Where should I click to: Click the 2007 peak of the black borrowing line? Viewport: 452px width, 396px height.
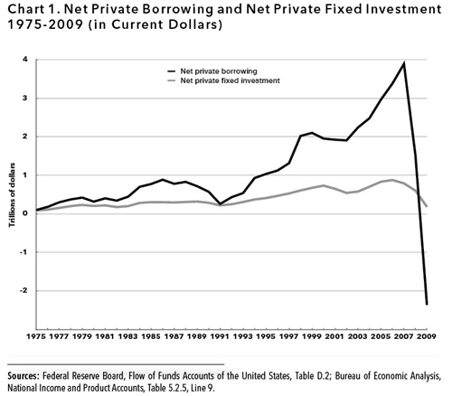(403, 63)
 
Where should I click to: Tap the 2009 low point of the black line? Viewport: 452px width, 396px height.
(427, 305)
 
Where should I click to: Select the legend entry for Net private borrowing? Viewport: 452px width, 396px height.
(212, 71)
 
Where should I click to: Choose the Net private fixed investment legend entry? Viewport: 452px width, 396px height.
(224, 80)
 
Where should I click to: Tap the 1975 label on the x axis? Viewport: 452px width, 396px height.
(36, 336)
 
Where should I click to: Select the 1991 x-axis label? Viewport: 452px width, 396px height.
(220, 336)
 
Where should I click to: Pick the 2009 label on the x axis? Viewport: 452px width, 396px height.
(427, 336)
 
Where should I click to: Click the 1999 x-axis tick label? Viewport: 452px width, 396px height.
(312, 336)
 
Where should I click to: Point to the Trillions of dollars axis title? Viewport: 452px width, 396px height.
(12, 195)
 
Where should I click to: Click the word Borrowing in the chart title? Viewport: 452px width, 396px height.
(177, 10)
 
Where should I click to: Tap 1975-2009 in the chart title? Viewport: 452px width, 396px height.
(45, 24)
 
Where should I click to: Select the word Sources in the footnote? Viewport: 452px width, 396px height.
(24, 376)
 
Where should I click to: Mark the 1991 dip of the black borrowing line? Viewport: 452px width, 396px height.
(221, 204)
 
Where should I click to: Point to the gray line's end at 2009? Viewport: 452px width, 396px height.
(427, 206)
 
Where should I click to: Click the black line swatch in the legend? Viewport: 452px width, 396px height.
(172, 71)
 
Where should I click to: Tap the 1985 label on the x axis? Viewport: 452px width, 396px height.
(151, 336)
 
